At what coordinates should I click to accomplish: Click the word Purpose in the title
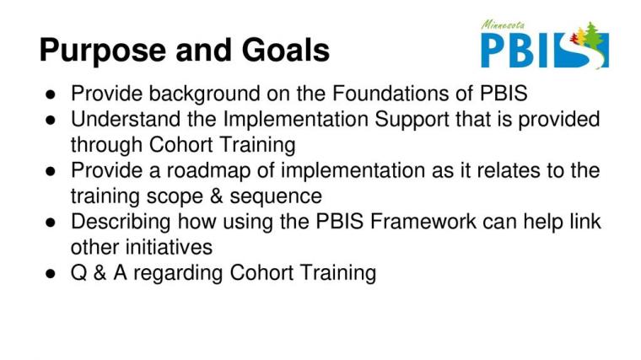click(x=103, y=51)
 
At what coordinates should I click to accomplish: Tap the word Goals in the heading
click(x=286, y=50)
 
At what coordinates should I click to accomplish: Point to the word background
click(x=204, y=94)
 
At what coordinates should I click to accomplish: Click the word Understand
click(x=126, y=119)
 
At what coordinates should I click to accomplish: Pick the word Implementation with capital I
click(x=295, y=120)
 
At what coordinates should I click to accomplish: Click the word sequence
click(x=276, y=197)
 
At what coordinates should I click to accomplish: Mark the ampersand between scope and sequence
click(x=216, y=196)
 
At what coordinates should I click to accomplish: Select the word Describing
click(x=121, y=223)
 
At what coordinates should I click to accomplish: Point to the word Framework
click(x=423, y=222)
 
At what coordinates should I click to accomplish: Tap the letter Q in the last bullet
click(x=78, y=273)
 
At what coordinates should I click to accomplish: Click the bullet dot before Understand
click(x=51, y=120)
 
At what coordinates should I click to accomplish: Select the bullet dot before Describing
click(x=51, y=223)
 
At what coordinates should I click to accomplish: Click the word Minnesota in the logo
click(x=503, y=25)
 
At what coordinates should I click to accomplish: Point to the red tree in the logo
click(x=574, y=39)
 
